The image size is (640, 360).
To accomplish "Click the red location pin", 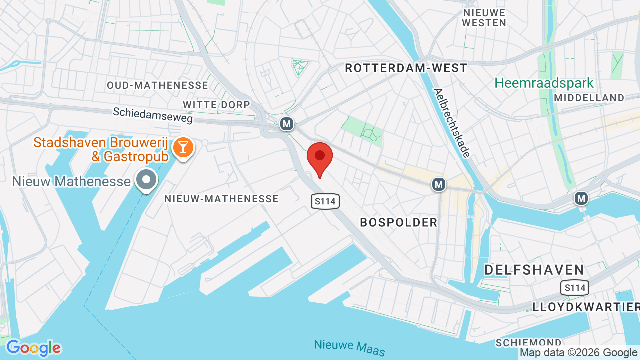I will (x=320, y=158).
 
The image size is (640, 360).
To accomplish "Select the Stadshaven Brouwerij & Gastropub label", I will (x=100, y=149).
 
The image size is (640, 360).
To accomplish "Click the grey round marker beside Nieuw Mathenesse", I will (x=147, y=180).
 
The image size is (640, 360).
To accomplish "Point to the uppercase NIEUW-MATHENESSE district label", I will (x=222, y=199).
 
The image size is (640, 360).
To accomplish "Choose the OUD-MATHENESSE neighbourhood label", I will (x=157, y=85).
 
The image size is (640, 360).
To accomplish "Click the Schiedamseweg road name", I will (x=152, y=115).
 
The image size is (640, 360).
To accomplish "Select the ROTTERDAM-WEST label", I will (x=406, y=68).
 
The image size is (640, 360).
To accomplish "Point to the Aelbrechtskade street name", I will (x=452, y=123).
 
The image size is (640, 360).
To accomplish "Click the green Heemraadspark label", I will (x=544, y=83).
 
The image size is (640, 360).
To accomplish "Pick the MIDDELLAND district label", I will (x=589, y=98).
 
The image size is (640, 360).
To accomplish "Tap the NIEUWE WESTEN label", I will (x=484, y=18).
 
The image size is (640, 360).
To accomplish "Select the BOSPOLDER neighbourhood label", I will (x=399, y=222).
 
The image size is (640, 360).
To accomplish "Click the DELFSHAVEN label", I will (x=534, y=270).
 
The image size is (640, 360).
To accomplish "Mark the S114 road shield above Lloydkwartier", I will (x=574, y=288).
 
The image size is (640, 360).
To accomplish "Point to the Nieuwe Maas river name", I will (x=349, y=348).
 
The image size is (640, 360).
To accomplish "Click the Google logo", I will (x=33, y=348).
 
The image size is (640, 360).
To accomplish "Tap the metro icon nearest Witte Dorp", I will (x=286, y=124).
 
